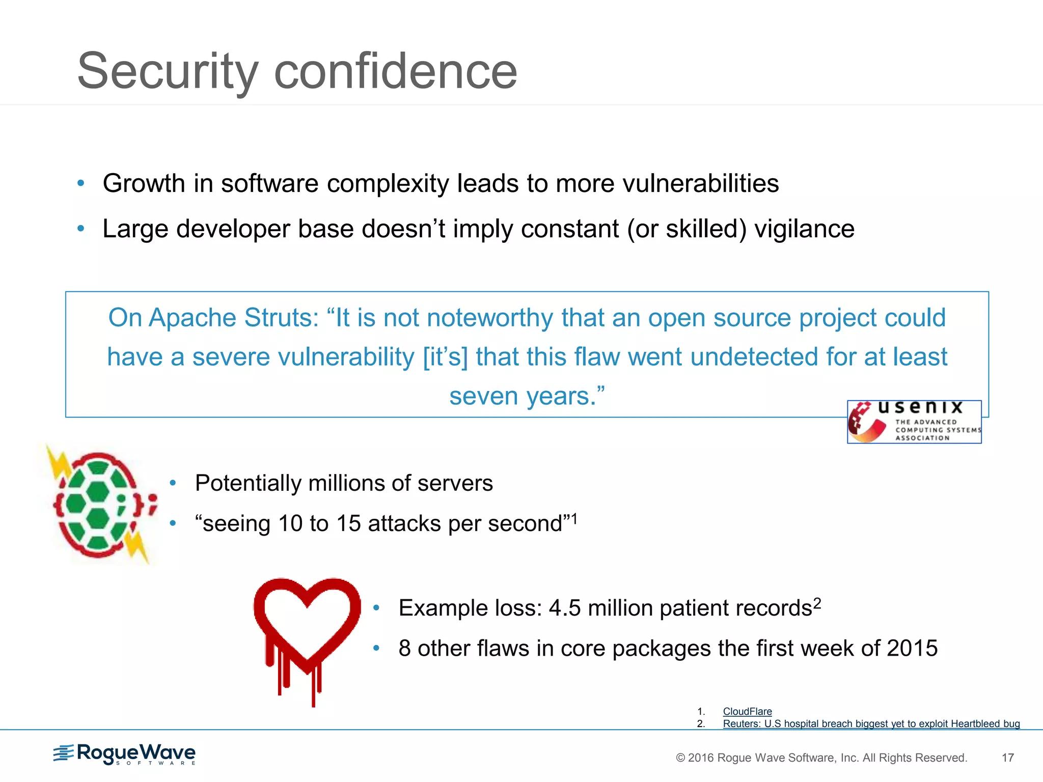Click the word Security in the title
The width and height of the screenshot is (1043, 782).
pos(168,71)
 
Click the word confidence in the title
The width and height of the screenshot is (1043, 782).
pos(395,71)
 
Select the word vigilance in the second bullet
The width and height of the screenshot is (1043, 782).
pos(804,229)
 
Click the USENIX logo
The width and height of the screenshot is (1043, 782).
pos(914,422)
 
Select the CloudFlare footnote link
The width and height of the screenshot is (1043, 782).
pos(747,711)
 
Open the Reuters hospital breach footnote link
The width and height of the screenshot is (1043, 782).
pos(871,723)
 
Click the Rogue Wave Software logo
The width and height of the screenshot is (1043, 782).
pos(125,754)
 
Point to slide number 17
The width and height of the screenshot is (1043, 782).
pos(1007,758)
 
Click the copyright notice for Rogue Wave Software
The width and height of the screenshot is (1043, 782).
pos(821,758)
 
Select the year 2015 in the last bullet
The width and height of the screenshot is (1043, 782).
pos(912,649)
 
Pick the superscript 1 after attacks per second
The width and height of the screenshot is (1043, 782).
pos(574,518)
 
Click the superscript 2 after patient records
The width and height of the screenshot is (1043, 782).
pos(817,603)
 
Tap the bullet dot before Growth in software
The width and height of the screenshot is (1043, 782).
pos(80,183)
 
